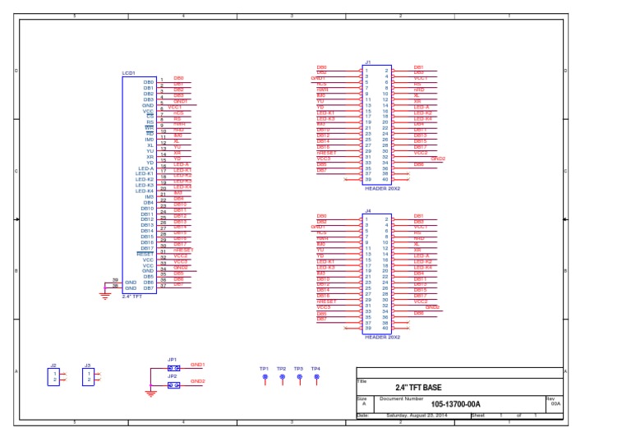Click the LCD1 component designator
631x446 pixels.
tap(128, 73)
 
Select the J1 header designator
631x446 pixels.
tap(368, 62)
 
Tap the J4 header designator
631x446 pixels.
tap(368, 210)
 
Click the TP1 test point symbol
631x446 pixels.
tap(265, 377)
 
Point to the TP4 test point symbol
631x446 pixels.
tap(316, 377)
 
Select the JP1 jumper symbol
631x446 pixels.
tap(173, 368)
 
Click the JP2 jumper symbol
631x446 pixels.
tap(173, 384)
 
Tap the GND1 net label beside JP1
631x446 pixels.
tap(197, 364)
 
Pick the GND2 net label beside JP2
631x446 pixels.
tap(197, 381)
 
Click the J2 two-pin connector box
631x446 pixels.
tap(53, 376)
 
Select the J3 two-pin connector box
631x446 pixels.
tap(88, 376)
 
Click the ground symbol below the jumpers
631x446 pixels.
tap(150, 393)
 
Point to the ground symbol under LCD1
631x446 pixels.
tap(104, 296)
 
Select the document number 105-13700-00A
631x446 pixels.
tap(455, 404)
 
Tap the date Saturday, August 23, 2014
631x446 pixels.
tap(417, 416)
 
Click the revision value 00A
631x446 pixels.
tap(555, 404)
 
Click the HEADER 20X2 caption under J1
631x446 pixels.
tap(382, 188)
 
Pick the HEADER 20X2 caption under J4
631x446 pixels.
tap(382, 337)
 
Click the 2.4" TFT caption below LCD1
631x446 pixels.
tap(132, 297)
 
